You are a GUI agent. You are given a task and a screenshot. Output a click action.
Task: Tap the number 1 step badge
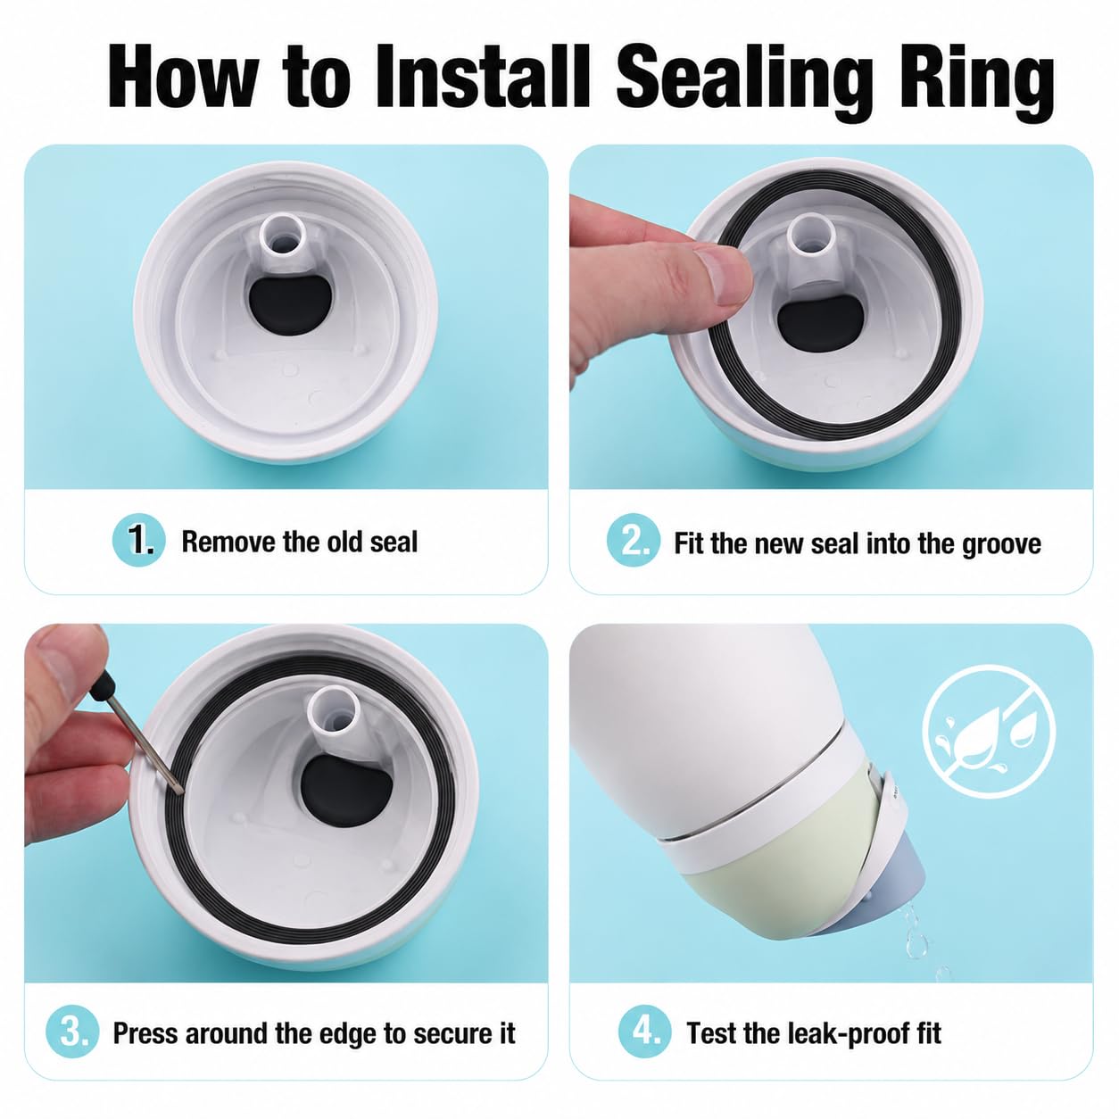(x=139, y=541)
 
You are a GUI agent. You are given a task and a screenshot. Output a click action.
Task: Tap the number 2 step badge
(x=633, y=541)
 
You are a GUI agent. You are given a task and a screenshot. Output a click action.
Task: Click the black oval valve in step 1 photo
(x=289, y=303)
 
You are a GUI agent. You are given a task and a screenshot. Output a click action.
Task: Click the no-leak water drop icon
(x=988, y=731)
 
